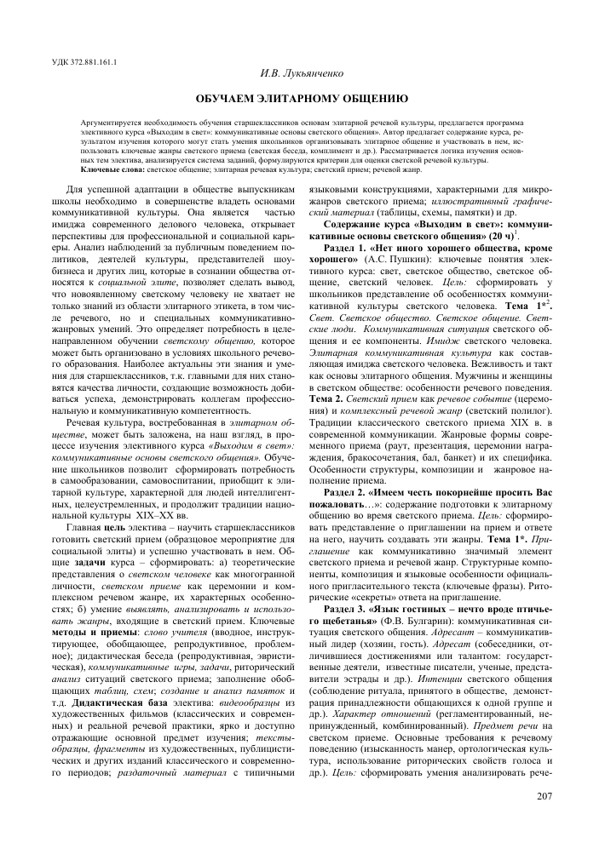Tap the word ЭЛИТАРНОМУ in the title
coord(292,99)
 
